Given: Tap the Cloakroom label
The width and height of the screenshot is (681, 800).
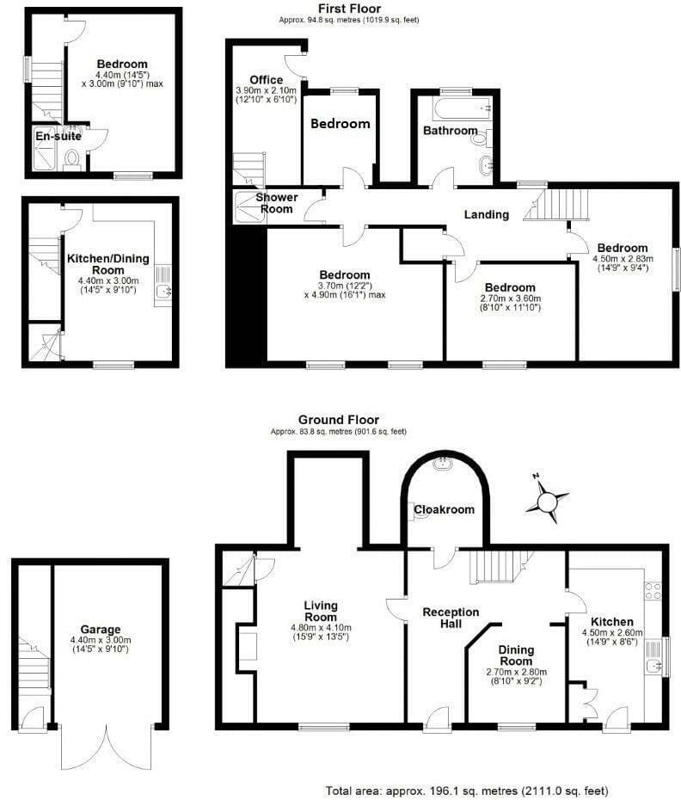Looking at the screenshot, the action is click(x=444, y=509).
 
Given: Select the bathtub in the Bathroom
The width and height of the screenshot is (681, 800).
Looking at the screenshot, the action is click(x=462, y=108).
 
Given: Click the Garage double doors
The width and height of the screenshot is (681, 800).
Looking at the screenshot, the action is click(x=107, y=747).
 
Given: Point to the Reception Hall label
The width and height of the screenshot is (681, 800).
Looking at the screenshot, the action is click(x=451, y=618).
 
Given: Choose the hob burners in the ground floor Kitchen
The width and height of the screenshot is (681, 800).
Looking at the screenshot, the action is click(x=653, y=590).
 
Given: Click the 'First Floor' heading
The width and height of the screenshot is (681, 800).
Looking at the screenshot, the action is click(x=349, y=9).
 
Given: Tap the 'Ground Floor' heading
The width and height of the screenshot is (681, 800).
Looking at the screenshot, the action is click(x=339, y=420).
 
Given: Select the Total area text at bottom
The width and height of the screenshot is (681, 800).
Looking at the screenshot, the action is click(x=467, y=791).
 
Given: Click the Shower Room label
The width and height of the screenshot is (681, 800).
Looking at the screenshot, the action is click(x=277, y=203).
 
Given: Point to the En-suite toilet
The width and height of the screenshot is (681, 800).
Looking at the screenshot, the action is click(x=72, y=159).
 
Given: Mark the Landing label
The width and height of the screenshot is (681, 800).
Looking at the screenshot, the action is click(x=486, y=215).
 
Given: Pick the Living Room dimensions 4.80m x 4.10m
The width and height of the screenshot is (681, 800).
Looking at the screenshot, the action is click(x=321, y=628).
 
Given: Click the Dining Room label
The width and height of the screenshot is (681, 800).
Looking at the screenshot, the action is click(x=516, y=655).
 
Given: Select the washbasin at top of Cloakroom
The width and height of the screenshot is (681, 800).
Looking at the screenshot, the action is click(x=442, y=464).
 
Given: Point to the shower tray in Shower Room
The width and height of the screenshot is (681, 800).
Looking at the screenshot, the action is click(x=249, y=206).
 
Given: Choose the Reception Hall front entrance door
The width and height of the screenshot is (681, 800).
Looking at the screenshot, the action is click(x=439, y=720).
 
